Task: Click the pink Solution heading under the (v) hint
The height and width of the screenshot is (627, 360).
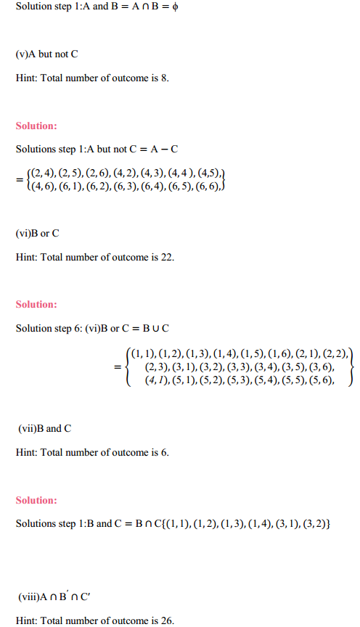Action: point(36,126)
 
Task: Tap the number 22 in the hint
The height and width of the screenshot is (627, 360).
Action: point(168,256)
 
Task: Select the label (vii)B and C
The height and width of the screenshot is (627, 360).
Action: point(45,428)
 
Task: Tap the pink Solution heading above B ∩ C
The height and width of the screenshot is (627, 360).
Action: point(36,500)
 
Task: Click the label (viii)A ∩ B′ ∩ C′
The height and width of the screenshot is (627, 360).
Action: point(54,597)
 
